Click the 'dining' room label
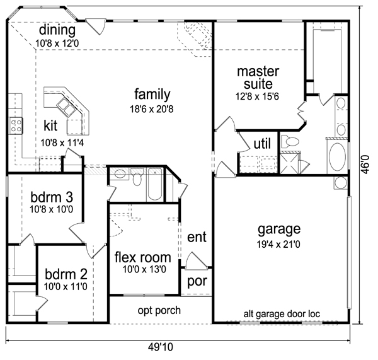pyautogui.click(x=57, y=30)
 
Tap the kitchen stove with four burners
pyautogui.click(x=16, y=125)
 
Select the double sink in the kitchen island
pyautogui.click(x=66, y=107)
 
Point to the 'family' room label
pyautogui.click(x=152, y=95)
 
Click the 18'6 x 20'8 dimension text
pyautogui.click(x=152, y=109)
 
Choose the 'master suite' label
pyautogui.click(x=258, y=78)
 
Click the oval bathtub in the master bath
pyautogui.click(x=337, y=157)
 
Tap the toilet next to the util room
pyautogui.click(x=290, y=141)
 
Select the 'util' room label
pyautogui.click(x=262, y=144)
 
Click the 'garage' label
pyautogui.click(x=279, y=229)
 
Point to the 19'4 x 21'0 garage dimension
pyautogui.click(x=278, y=245)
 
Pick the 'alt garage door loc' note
pyautogui.click(x=282, y=314)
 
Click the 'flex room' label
pyautogui.click(x=143, y=257)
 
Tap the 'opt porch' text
pyautogui.click(x=159, y=311)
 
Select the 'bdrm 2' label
pyautogui.click(x=66, y=274)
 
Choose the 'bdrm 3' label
pyautogui.click(x=52, y=197)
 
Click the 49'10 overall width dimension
pyautogui.click(x=161, y=347)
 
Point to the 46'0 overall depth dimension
pyautogui.click(x=365, y=165)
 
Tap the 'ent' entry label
pyautogui.click(x=197, y=237)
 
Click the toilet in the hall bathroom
pyautogui.click(x=137, y=177)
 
